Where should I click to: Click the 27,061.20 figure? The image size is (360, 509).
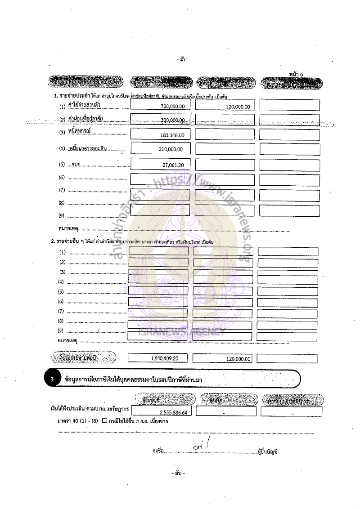(x=173, y=165)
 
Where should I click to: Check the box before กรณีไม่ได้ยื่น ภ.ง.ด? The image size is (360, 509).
(x=104, y=421)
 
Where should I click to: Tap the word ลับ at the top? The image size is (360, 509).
(x=184, y=59)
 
